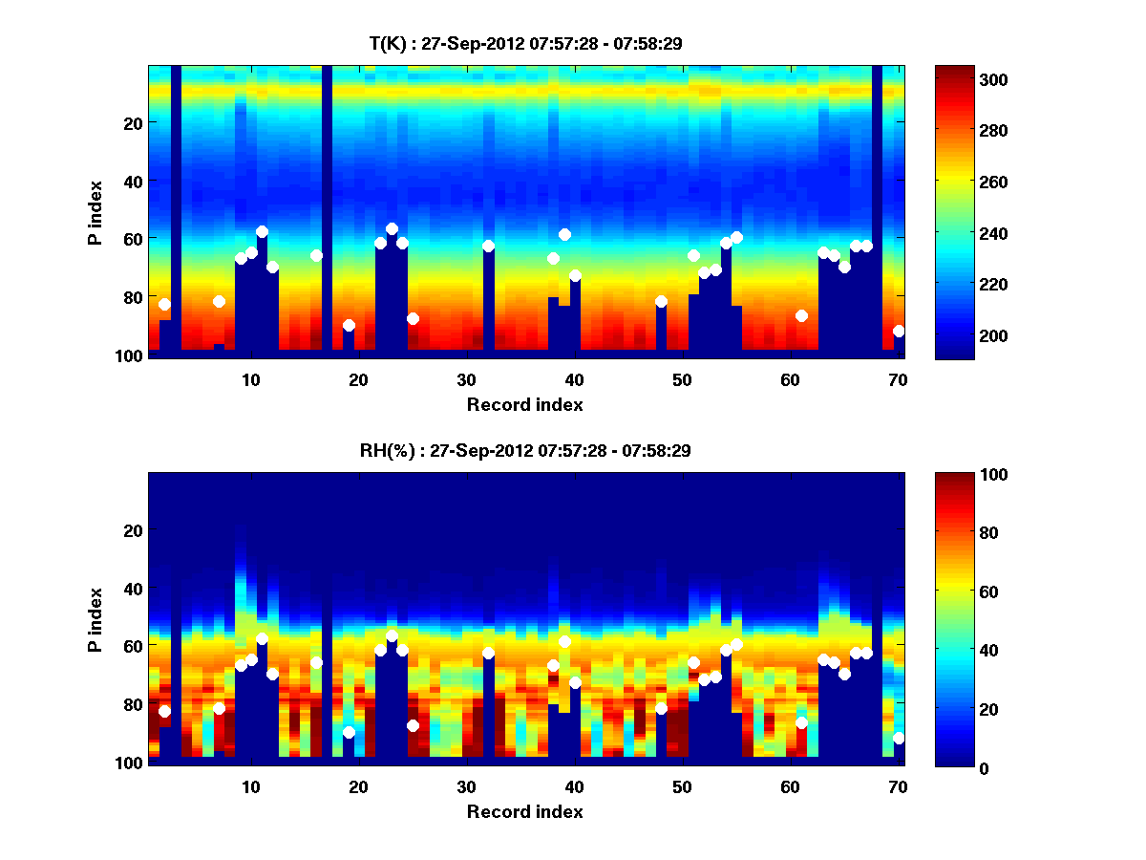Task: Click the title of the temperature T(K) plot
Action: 524,43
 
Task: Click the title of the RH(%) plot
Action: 524,451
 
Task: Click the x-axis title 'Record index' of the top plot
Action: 524,404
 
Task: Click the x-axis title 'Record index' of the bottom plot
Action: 524,811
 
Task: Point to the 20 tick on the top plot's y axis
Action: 132,123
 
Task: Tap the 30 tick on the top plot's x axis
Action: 466,378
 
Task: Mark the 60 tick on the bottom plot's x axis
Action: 790,785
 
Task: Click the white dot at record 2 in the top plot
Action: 164,304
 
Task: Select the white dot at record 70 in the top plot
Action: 899,331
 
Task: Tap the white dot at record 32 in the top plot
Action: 488,246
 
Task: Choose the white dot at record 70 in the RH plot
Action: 899,738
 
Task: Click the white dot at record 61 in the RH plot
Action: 801,722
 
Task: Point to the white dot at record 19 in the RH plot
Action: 349,732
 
